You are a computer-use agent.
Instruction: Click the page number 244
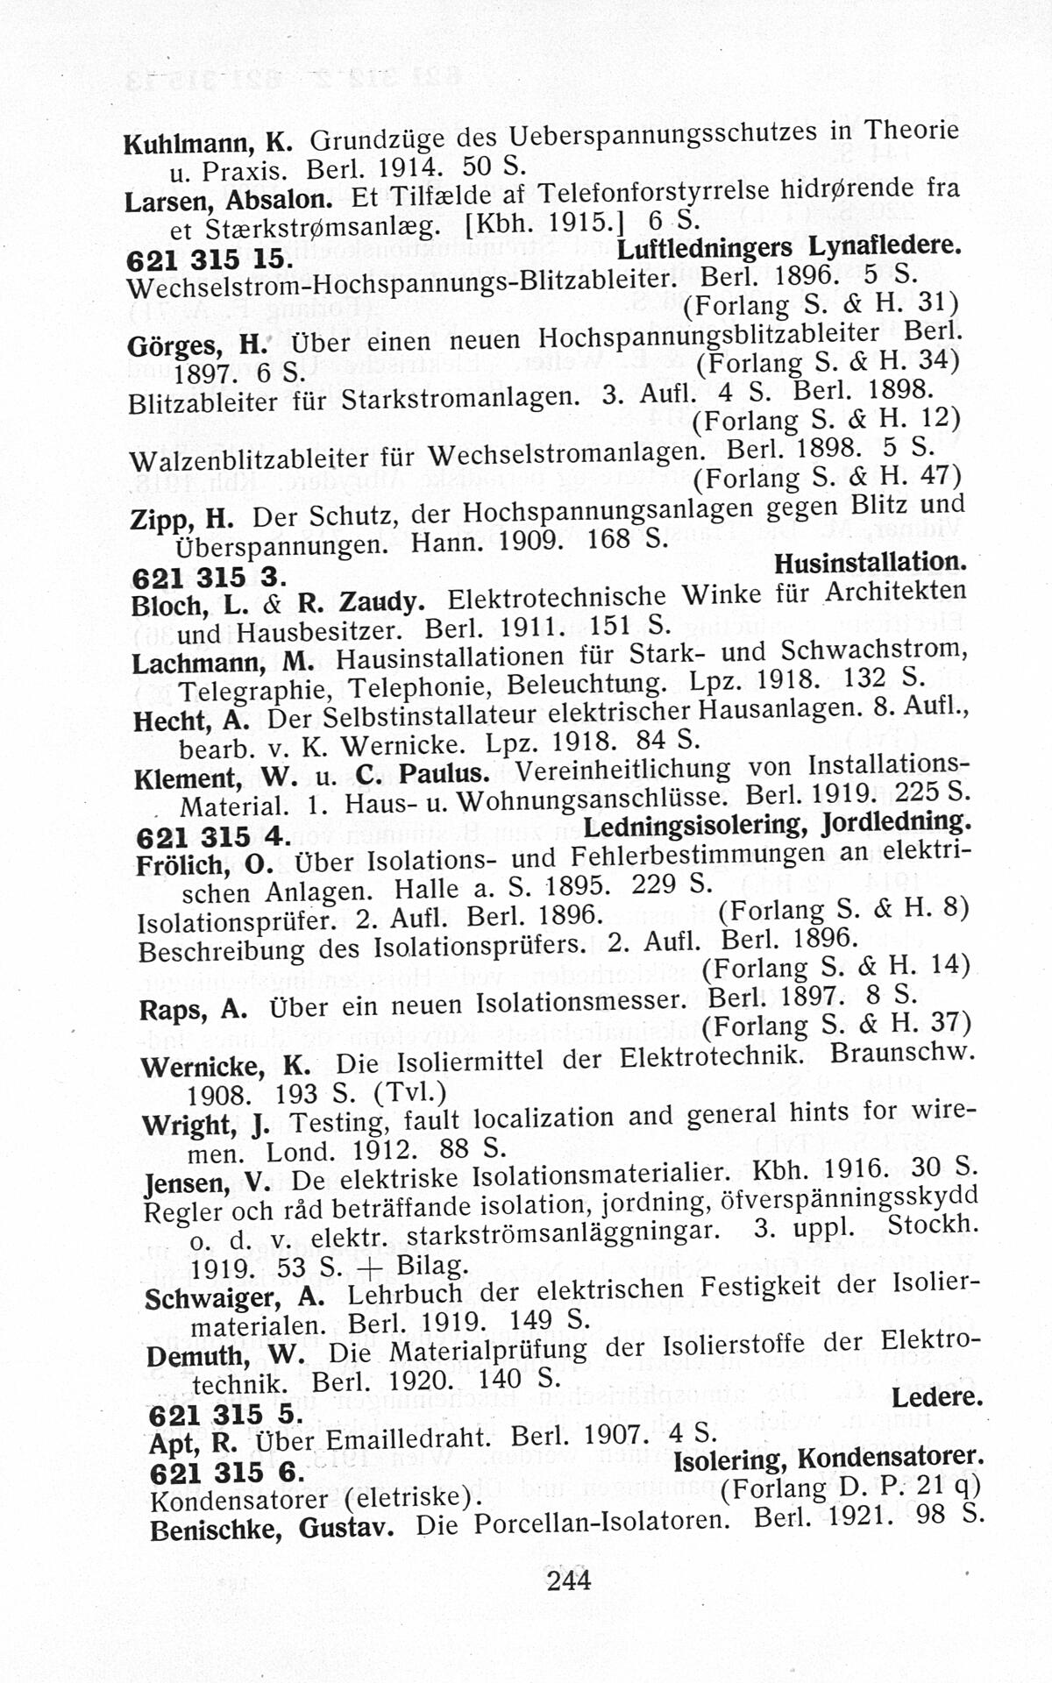click(568, 1580)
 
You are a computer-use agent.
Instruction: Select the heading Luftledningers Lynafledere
click(789, 248)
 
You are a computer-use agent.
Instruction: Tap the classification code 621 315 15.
click(206, 260)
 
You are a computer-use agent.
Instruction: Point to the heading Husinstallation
click(871, 562)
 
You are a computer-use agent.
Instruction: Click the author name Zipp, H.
click(181, 519)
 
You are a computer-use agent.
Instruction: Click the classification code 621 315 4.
click(212, 837)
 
